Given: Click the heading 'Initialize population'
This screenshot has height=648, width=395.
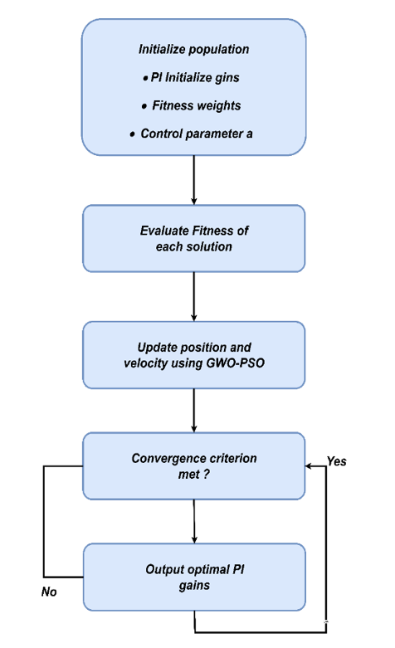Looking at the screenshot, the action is click(x=194, y=49).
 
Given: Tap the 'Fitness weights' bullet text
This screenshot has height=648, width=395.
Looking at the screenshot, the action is click(x=197, y=106).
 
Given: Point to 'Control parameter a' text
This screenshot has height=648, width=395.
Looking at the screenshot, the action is click(x=197, y=134).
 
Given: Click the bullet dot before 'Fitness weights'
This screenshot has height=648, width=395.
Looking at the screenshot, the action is click(x=144, y=107).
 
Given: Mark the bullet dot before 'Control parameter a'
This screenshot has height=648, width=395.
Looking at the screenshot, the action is click(x=132, y=134).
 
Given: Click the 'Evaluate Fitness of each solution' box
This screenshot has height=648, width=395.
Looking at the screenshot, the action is click(x=194, y=238).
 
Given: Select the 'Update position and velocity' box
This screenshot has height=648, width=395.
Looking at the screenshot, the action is click(x=194, y=355).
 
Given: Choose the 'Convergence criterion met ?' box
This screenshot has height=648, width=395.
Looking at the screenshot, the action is click(x=194, y=466).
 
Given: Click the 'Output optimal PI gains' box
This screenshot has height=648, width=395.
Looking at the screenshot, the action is click(x=194, y=577).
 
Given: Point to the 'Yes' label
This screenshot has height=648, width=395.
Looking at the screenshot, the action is click(x=337, y=461).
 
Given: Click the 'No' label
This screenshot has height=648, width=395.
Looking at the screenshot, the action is click(x=49, y=592).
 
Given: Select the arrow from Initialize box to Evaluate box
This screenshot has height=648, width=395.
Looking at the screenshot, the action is click(x=194, y=180).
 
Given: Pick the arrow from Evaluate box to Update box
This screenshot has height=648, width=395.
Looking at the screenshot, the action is click(x=194, y=297).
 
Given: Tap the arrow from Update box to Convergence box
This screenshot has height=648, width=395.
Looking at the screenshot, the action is click(x=194, y=411).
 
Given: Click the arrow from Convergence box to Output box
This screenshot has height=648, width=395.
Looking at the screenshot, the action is click(x=194, y=522).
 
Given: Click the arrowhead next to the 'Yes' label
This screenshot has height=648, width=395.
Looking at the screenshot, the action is click(x=308, y=466).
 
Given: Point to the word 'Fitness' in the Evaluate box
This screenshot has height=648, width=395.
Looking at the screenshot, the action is click(x=208, y=231).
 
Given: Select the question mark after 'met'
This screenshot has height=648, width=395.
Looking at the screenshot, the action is click(x=206, y=474).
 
